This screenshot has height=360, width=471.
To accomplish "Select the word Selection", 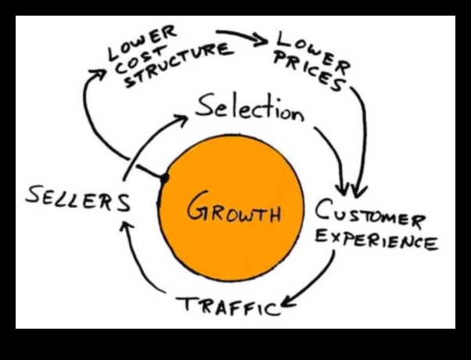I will click(250, 109).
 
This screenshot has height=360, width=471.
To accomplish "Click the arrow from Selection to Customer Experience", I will click(335, 153).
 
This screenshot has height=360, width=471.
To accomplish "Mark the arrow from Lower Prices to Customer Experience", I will click(361, 141).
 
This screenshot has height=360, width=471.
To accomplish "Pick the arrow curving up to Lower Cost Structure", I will click(90, 110).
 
